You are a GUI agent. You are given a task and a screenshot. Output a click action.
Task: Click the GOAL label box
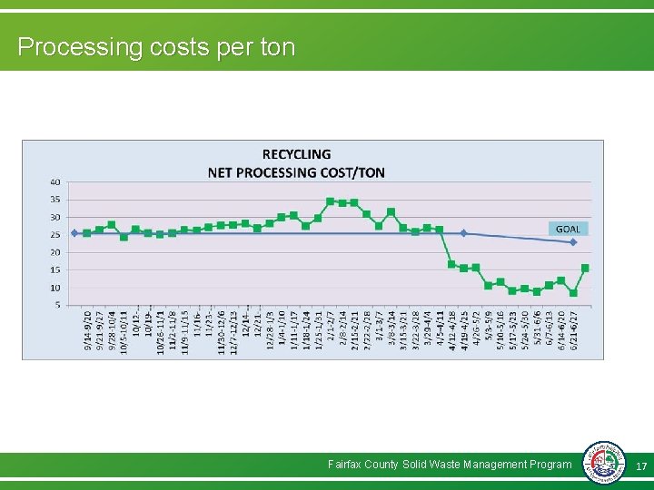click(x=568, y=229)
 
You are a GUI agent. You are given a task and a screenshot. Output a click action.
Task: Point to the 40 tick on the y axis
click(x=55, y=181)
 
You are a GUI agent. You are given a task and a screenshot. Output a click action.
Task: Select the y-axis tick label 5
click(x=57, y=305)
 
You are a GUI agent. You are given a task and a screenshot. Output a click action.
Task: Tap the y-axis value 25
click(x=55, y=234)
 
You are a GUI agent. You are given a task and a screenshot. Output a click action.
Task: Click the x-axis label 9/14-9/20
click(x=87, y=332)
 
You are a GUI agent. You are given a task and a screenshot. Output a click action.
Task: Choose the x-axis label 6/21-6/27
click(x=573, y=332)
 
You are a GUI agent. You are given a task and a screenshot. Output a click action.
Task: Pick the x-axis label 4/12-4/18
click(x=451, y=332)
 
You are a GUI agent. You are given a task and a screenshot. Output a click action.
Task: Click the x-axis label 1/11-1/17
click(x=293, y=332)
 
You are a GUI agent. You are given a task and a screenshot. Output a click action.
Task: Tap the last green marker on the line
click(x=585, y=268)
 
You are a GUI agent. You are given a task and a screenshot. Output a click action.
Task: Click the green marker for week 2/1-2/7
click(x=330, y=201)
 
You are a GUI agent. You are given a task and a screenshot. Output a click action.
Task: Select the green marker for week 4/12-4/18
click(x=451, y=264)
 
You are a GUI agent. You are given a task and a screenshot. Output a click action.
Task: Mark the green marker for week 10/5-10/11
click(x=124, y=237)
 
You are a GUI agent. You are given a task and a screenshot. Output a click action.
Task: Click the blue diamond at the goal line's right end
click(x=573, y=242)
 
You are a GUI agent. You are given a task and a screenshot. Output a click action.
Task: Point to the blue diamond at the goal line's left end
click(x=74, y=233)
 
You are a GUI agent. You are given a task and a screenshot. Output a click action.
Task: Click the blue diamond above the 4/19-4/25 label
click(x=463, y=233)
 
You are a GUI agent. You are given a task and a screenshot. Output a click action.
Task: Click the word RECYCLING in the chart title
click(x=296, y=154)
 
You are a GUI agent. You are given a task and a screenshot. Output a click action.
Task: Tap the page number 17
click(x=640, y=465)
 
